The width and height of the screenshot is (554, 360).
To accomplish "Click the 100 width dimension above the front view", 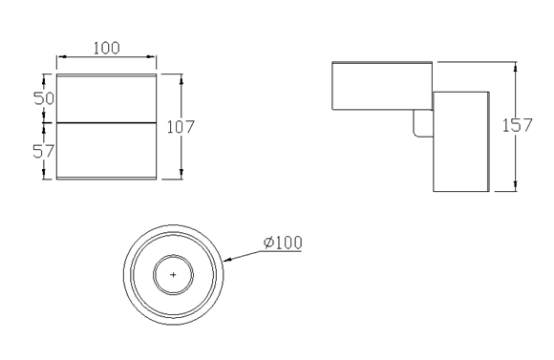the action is [107, 49].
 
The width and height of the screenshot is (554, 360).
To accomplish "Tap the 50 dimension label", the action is [44, 98].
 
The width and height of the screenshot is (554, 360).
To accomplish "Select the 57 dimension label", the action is [43, 151].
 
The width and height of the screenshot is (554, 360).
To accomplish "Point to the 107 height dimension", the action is [181, 127].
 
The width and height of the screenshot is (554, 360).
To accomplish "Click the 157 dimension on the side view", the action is [518, 125].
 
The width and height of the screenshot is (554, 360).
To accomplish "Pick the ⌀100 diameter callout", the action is [283, 243].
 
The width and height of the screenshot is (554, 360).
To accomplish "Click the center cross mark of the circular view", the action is [173, 274].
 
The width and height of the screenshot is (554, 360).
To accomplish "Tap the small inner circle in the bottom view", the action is [173, 255].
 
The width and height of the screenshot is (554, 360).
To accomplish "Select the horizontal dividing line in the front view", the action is [106, 123].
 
